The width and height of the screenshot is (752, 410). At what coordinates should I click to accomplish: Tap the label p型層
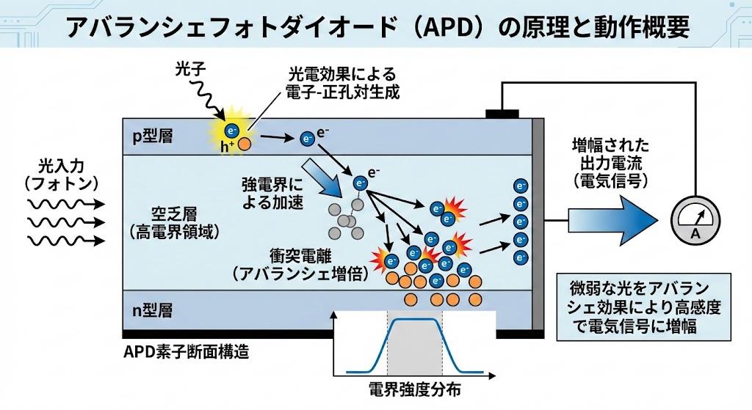(x=153, y=136)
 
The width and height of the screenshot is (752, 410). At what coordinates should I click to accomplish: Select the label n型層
(x=152, y=310)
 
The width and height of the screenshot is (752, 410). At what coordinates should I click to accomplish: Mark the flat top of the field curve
(x=416, y=321)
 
